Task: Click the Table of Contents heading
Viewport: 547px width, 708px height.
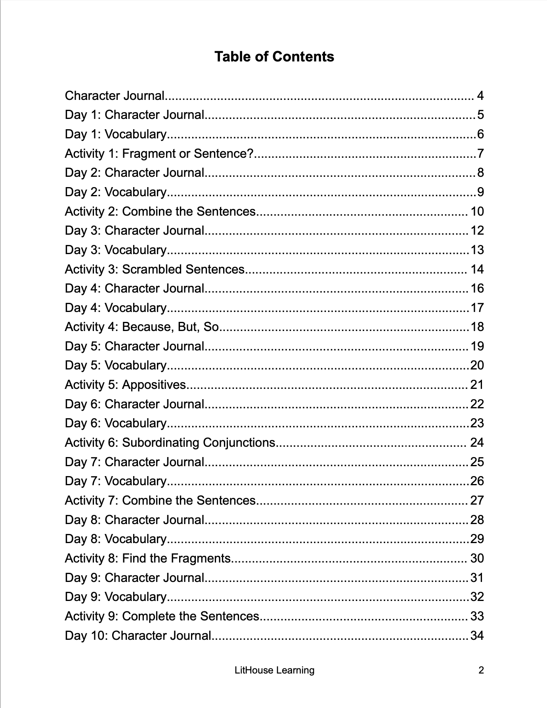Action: pyautogui.click(x=274, y=57)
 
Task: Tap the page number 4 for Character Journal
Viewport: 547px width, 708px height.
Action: pyautogui.click(x=480, y=96)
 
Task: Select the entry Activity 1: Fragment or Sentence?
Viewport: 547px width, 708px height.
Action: pyautogui.click(x=159, y=153)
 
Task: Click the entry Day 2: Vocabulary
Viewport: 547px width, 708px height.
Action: pyautogui.click(x=116, y=192)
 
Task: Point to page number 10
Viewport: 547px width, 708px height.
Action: pyautogui.click(x=477, y=211)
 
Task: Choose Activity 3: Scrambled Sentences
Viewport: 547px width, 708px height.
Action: pyautogui.click(x=155, y=269)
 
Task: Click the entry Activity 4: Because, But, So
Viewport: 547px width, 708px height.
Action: pyautogui.click(x=142, y=327)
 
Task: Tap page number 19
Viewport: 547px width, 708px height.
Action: pyautogui.click(x=477, y=346)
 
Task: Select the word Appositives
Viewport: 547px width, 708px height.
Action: pyautogui.click(x=154, y=385)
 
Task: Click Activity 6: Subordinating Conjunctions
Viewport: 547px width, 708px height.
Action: pyautogui.click(x=170, y=442)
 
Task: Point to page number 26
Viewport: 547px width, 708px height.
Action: pyautogui.click(x=477, y=481)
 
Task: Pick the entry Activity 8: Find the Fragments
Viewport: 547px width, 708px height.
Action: pyautogui.click(x=148, y=558)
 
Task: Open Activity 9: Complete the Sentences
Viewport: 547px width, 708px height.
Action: pyautogui.click(x=162, y=616)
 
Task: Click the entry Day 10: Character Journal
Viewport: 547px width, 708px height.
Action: pyautogui.click(x=138, y=635)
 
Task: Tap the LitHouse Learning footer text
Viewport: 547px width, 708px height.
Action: pyautogui.click(x=274, y=670)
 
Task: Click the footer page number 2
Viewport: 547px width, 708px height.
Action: pyautogui.click(x=481, y=670)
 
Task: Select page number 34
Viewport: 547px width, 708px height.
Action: pyautogui.click(x=477, y=635)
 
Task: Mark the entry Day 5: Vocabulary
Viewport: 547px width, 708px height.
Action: pyautogui.click(x=116, y=365)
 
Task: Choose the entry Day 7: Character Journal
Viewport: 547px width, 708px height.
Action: pyautogui.click(x=135, y=462)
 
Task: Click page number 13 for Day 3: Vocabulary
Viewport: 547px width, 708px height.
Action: pyautogui.click(x=477, y=250)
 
